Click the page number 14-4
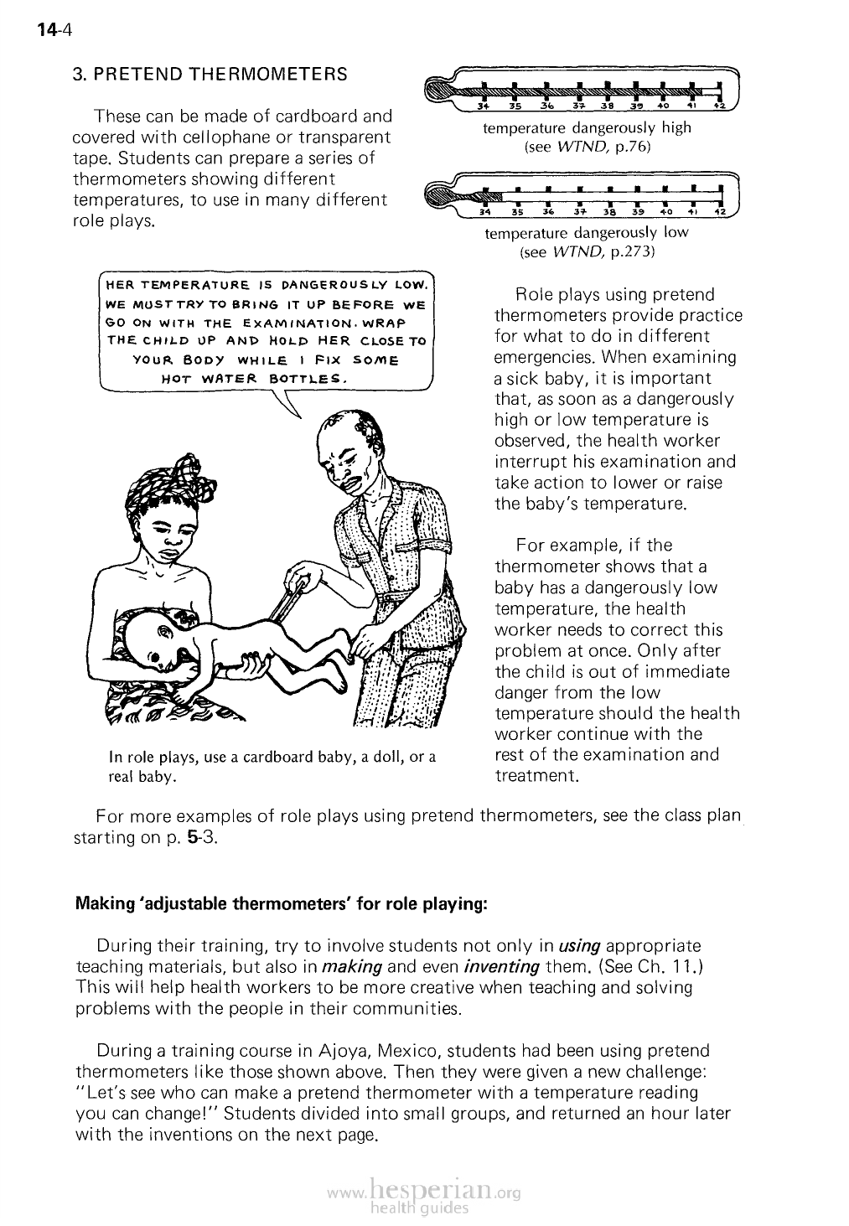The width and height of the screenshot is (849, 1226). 56,33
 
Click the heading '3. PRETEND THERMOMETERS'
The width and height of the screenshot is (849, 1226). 210,74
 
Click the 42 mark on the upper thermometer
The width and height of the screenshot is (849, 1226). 719,106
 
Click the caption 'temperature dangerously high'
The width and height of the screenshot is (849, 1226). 587,128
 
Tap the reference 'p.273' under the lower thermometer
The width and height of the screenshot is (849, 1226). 634,251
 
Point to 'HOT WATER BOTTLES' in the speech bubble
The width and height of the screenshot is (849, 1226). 265,378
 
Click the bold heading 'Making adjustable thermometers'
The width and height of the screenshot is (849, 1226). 282,905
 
